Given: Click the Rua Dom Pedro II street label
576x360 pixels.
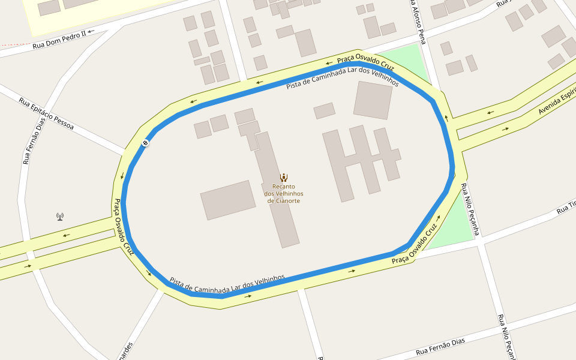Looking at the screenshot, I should tap(59, 40).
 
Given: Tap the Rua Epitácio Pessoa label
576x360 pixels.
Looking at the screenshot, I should tap(46, 114).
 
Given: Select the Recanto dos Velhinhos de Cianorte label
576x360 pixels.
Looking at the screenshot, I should tap(284, 194).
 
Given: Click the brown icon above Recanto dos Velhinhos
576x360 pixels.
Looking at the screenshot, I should tap(284, 178).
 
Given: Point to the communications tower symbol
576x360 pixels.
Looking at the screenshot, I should tap(60, 216).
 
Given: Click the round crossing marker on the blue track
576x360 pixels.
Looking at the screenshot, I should tap(145, 143).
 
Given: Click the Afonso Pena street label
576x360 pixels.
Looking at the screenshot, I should tap(418, 22).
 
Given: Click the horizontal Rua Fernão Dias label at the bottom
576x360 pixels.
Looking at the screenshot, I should tap(440, 346).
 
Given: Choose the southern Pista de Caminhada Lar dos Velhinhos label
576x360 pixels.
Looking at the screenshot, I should tap(227, 280).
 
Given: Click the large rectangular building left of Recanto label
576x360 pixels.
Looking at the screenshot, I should tap(228, 199).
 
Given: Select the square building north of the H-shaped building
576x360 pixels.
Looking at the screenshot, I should tap(373, 100).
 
